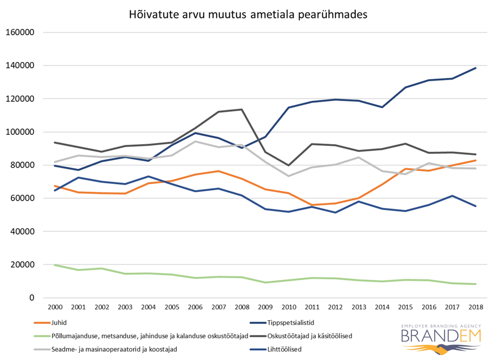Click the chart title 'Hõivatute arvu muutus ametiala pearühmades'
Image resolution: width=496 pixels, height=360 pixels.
[x=248, y=15]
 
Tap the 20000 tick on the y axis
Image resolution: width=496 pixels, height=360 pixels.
[x=21, y=265]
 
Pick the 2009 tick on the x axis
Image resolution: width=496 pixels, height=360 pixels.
[x=265, y=307]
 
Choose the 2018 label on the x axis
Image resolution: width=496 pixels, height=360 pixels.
[x=475, y=307]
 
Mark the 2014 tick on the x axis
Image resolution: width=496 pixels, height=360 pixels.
[x=382, y=307]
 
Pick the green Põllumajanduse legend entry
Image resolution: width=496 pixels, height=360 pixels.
[x=148, y=336]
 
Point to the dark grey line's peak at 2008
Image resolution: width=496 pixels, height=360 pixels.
[x=241, y=109]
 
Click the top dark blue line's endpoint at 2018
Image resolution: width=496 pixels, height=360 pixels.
[x=475, y=68]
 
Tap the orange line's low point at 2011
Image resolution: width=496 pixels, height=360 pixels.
[x=311, y=205]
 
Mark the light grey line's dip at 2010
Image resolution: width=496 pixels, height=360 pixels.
[x=288, y=176]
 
